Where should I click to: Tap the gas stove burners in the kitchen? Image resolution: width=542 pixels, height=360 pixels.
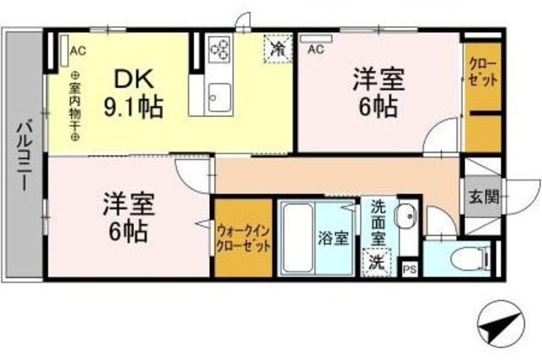(220, 49)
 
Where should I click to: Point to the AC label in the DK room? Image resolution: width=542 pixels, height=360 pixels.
(76, 50)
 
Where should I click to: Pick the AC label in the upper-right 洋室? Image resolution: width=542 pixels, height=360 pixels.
(316, 50)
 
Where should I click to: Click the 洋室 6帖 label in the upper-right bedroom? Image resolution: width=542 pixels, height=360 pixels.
(378, 93)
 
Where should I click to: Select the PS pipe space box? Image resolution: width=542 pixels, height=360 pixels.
(409, 269)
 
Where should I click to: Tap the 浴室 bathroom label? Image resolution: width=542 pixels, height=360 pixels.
(333, 238)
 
